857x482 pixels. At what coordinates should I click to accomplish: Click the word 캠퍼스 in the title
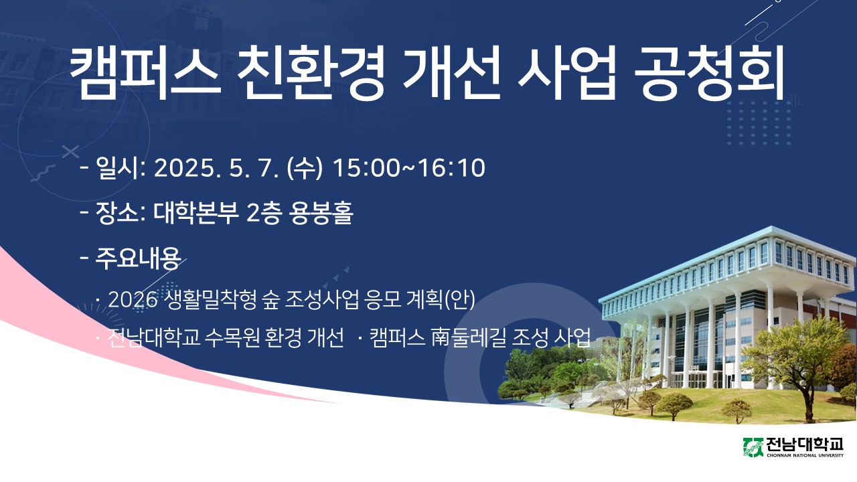click(x=145, y=73)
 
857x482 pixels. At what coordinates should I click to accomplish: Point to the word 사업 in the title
click(x=566, y=73)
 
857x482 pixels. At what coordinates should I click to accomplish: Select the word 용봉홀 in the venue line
click(x=321, y=213)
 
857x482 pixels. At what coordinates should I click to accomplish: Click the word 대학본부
click(x=196, y=213)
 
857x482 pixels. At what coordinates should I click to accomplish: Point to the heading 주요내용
click(x=138, y=258)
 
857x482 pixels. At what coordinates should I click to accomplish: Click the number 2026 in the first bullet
click(x=133, y=299)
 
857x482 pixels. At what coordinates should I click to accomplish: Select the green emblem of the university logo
click(x=753, y=447)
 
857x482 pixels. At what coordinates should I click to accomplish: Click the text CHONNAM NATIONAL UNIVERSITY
click(x=805, y=455)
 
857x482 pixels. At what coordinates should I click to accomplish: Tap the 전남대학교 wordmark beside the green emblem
click(x=805, y=445)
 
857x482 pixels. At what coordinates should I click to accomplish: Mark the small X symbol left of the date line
click(x=71, y=151)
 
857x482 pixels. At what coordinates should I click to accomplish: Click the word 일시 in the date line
click(x=116, y=168)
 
